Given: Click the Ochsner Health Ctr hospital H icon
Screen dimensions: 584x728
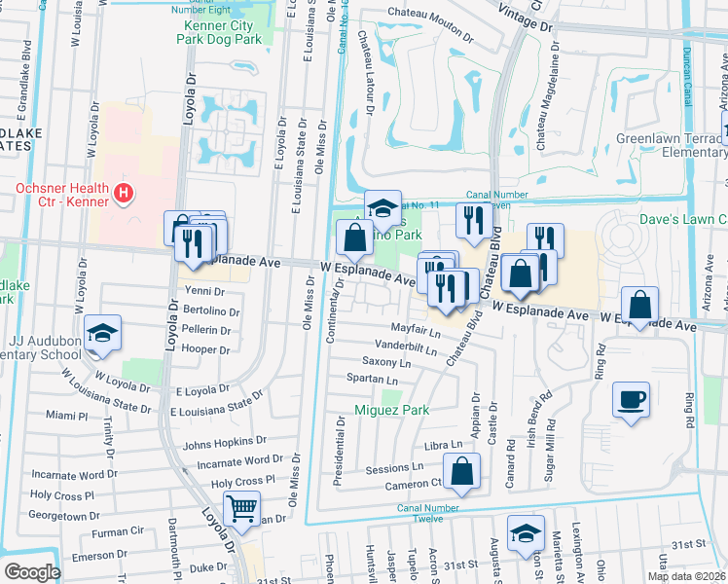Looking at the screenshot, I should [x=123, y=194].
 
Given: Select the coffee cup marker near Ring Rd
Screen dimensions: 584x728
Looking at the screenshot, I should [x=631, y=399].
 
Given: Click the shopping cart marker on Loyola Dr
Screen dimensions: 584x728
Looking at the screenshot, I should [x=241, y=507].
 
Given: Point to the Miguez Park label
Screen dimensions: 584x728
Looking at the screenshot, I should [x=391, y=410].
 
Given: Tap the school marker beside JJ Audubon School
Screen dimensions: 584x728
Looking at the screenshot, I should [x=102, y=333].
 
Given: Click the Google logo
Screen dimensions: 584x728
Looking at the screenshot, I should [x=31, y=572].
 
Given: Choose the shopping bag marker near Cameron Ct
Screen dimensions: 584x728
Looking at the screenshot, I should [x=463, y=471].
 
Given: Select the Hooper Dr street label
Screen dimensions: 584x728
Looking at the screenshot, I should [x=204, y=347].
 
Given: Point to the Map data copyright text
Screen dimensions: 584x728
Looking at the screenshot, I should [x=687, y=576].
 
